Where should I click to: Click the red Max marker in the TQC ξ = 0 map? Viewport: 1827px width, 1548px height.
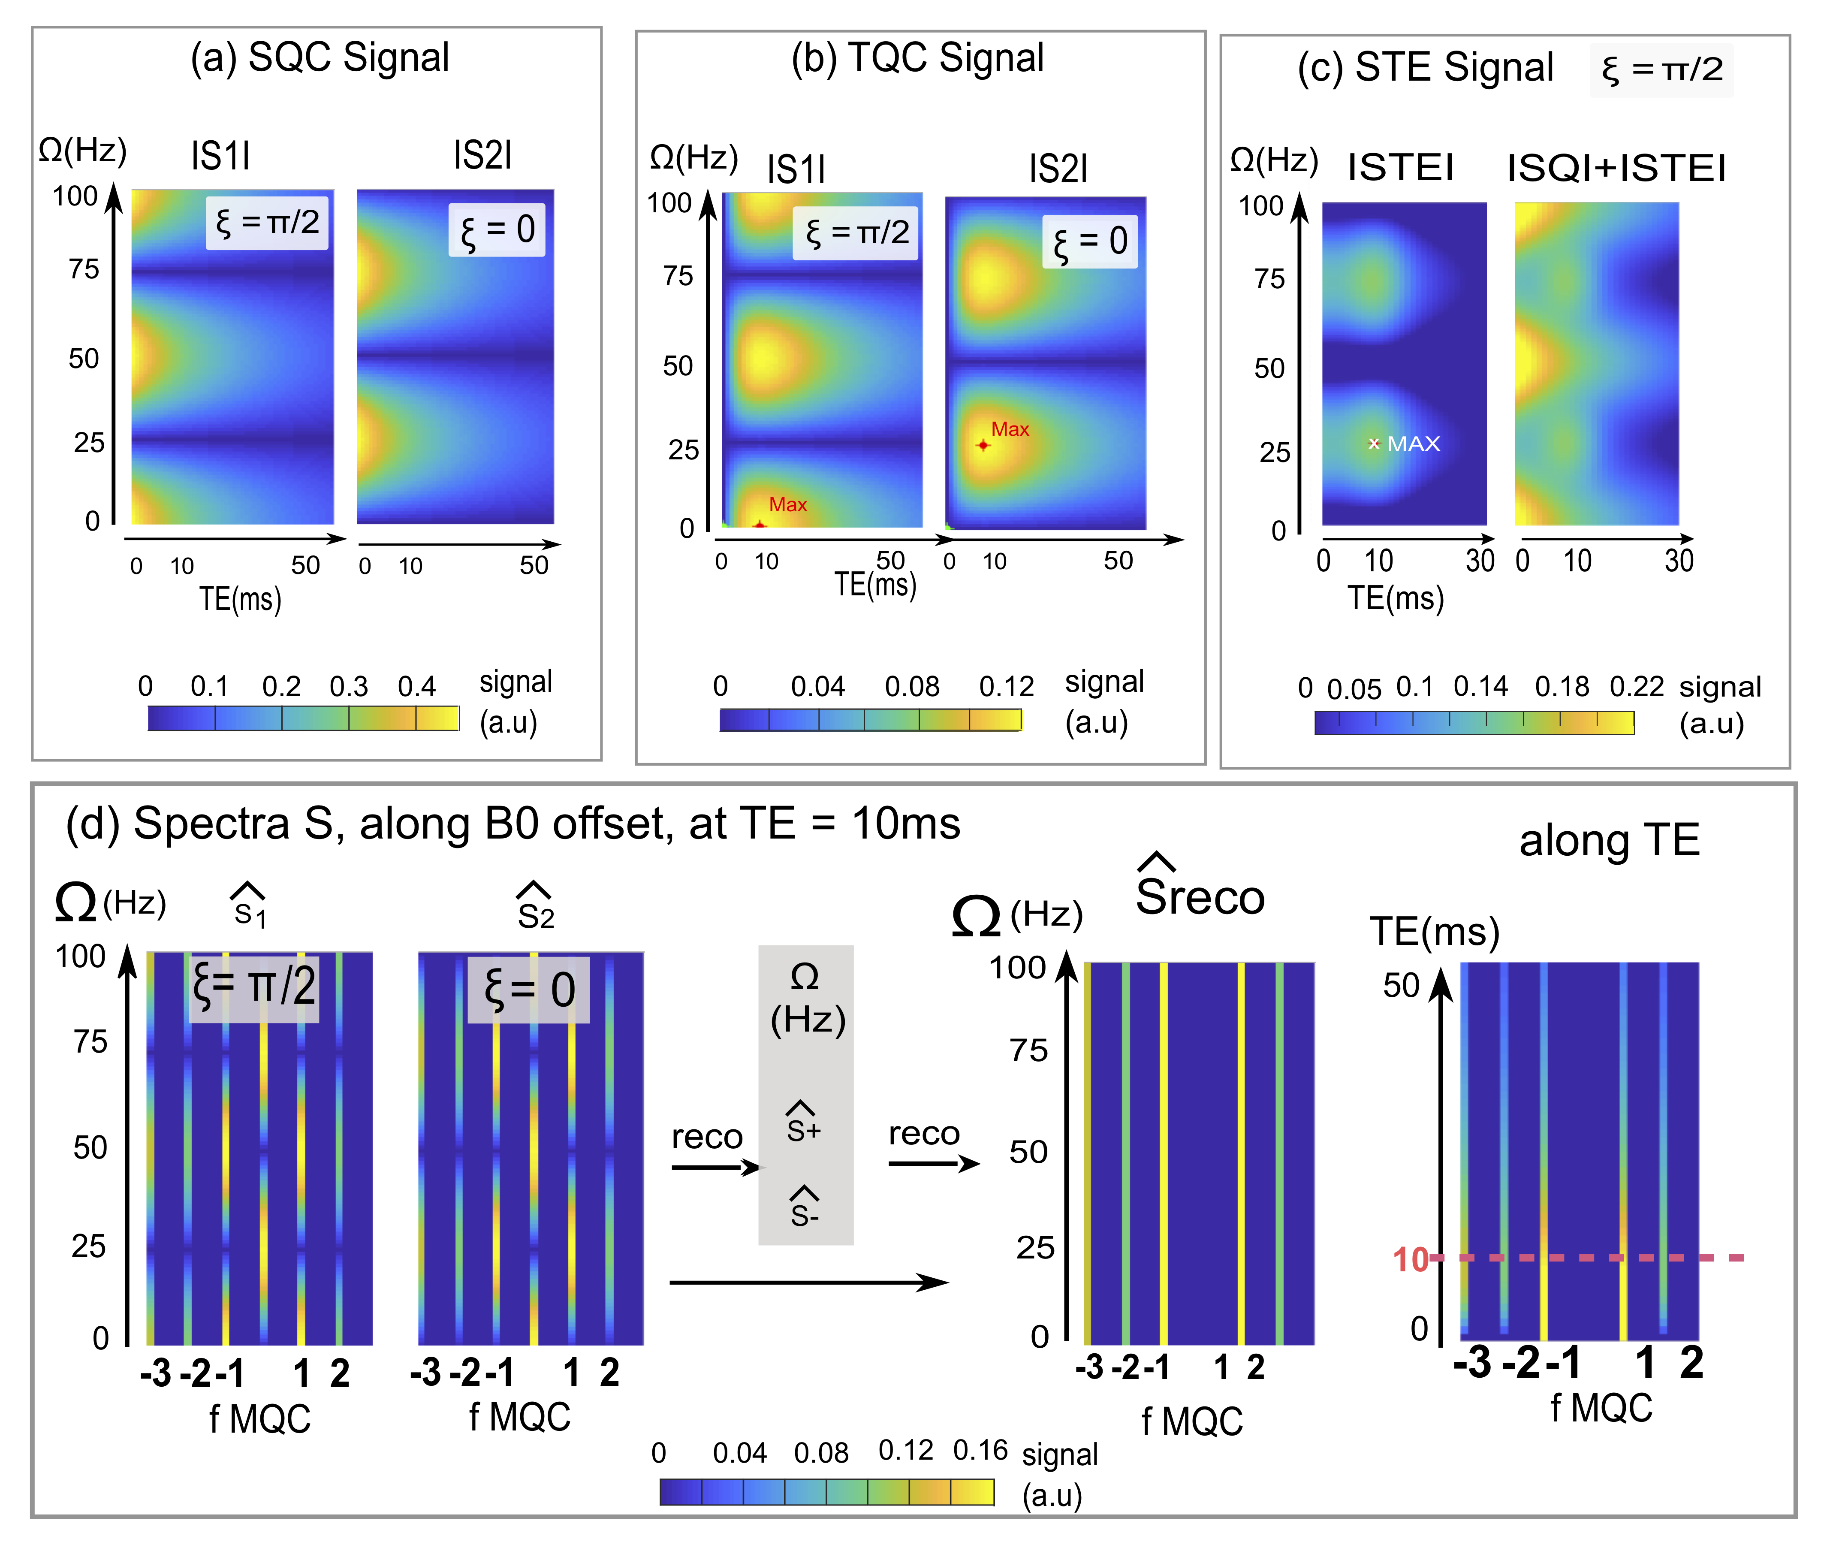coord(984,445)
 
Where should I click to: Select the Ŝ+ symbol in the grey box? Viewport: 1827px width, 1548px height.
coord(804,1123)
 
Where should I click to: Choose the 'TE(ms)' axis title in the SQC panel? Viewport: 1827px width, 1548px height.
coord(240,599)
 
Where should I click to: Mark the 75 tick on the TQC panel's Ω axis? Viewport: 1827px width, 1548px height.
coord(678,276)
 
